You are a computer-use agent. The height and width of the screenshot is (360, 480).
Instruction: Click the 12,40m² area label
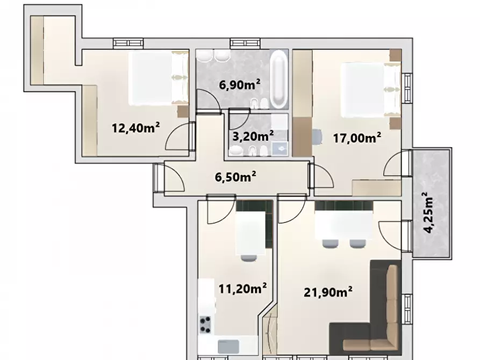click(135, 128)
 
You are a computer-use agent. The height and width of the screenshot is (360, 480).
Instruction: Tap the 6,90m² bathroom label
click(240, 84)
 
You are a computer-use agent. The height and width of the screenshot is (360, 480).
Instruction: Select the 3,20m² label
click(253, 136)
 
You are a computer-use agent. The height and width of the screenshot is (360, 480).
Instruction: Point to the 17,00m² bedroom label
click(357, 138)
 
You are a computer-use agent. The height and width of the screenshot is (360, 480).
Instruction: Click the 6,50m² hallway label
click(235, 176)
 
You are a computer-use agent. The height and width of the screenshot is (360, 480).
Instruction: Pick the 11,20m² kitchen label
click(242, 288)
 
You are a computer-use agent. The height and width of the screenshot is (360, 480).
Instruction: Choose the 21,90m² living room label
click(327, 292)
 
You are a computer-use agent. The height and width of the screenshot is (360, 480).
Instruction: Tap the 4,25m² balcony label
click(429, 212)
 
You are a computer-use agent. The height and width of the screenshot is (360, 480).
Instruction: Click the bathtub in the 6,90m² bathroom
click(279, 80)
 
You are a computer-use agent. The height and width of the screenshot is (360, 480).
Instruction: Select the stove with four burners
click(205, 325)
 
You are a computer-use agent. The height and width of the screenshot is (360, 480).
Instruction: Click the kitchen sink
click(228, 347)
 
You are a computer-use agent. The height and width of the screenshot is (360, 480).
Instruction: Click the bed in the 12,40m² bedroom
click(159, 78)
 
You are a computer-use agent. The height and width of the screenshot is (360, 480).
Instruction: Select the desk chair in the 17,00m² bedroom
click(317, 136)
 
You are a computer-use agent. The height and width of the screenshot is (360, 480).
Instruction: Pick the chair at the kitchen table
click(248, 258)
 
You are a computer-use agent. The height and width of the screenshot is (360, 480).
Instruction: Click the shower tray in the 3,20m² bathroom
click(280, 148)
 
